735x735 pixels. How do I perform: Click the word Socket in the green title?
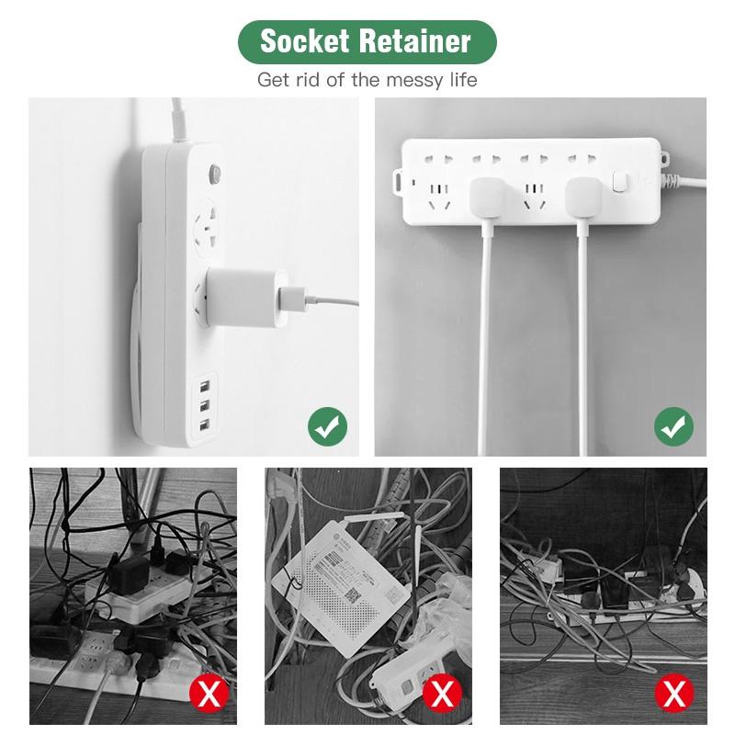click(x=304, y=41)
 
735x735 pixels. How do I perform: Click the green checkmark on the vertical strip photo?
click(x=326, y=425)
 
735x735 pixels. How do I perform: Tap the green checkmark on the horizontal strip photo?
click(x=673, y=425)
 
